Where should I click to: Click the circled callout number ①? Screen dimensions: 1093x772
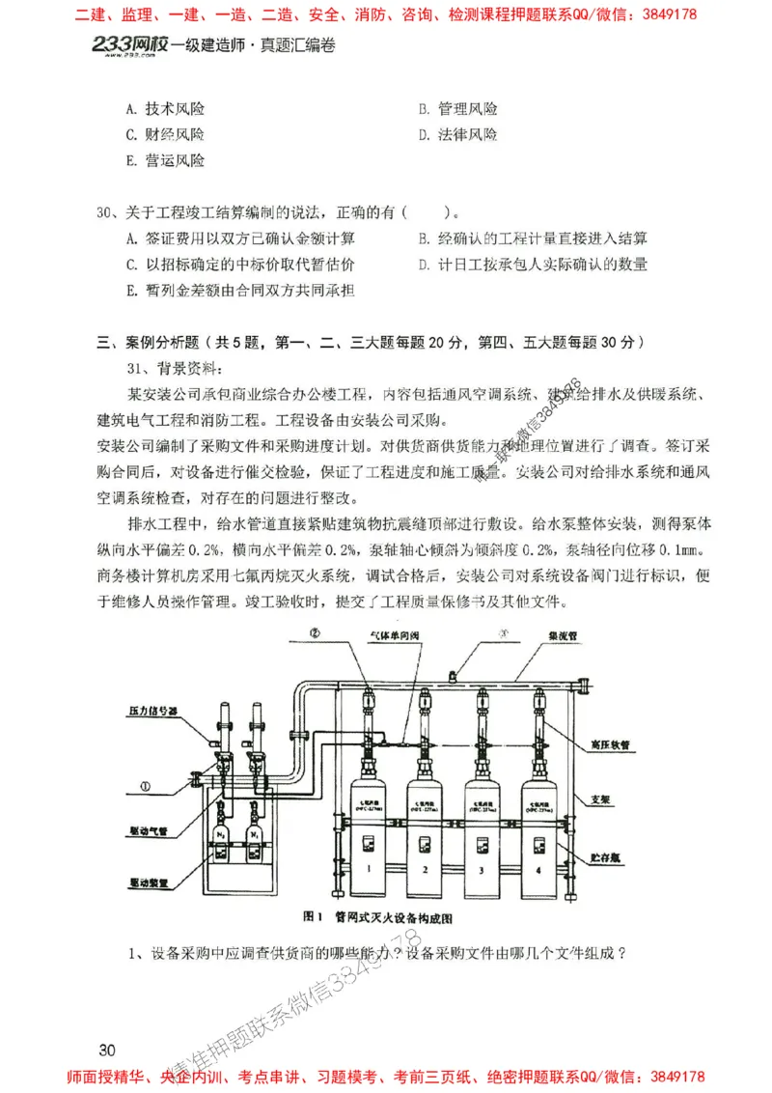click(145, 786)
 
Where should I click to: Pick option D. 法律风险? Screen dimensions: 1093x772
click(458, 135)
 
